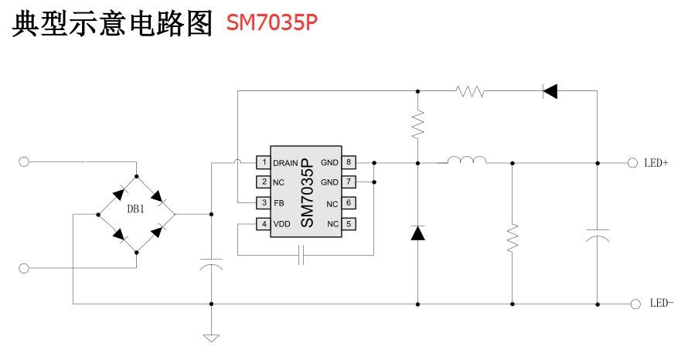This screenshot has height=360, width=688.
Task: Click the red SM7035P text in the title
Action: pyautogui.click(x=271, y=22)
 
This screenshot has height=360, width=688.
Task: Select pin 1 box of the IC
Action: pyautogui.click(x=264, y=162)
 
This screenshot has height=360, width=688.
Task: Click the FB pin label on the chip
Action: pyautogui.click(x=278, y=203)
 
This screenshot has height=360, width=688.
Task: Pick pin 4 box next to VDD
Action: pyautogui.click(x=264, y=224)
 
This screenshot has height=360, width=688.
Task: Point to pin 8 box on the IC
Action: pyautogui.click(x=349, y=162)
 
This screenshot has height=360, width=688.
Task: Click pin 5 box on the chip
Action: pyautogui.click(x=349, y=224)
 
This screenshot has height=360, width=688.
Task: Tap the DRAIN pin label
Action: pyautogui.click(x=285, y=162)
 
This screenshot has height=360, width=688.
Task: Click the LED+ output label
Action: pyautogui.click(x=656, y=163)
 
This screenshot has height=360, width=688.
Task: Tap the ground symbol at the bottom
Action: pyautogui.click(x=210, y=337)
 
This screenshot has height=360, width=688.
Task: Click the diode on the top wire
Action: pyautogui.click(x=550, y=91)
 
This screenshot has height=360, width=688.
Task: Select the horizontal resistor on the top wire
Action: pyautogui.click(x=470, y=91)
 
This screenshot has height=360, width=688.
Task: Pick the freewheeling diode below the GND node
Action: pyautogui.click(x=417, y=233)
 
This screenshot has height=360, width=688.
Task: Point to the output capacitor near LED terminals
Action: pyautogui.click(x=597, y=235)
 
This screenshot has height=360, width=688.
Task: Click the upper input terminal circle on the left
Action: pyautogui.click(x=24, y=161)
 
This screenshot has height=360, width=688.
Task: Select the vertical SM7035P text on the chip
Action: pyautogui.click(x=305, y=193)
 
